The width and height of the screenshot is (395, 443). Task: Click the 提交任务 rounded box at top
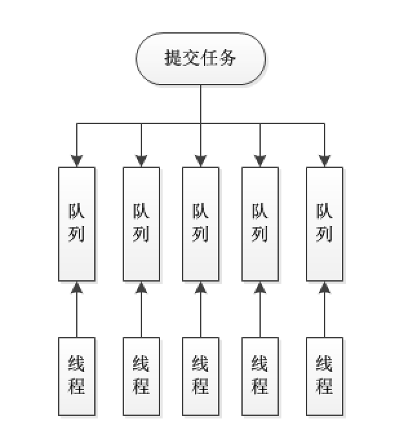[x=201, y=59]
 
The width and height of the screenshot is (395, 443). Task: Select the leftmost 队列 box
[x=77, y=224]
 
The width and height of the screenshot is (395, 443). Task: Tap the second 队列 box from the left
[x=141, y=224]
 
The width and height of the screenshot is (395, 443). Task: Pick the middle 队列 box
[x=201, y=224]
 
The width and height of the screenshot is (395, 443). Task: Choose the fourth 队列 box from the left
[x=260, y=224]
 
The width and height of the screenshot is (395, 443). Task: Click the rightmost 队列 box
[x=325, y=224]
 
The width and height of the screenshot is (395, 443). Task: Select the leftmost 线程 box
[x=77, y=376]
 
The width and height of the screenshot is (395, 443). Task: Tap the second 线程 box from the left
[x=141, y=376]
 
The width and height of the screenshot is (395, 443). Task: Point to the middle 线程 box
[x=201, y=376]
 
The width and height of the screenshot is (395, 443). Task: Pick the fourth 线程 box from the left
[x=260, y=376]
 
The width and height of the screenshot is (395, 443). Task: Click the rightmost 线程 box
[x=325, y=376]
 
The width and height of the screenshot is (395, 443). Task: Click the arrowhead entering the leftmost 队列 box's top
[x=77, y=161]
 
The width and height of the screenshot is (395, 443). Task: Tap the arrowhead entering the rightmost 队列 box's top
[x=325, y=161]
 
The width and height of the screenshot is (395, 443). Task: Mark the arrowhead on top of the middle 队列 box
[x=201, y=161]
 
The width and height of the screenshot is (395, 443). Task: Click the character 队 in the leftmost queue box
[x=77, y=212]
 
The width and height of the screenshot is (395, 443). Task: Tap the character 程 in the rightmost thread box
[x=325, y=387]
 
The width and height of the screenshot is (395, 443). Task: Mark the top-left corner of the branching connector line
[x=77, y=123]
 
